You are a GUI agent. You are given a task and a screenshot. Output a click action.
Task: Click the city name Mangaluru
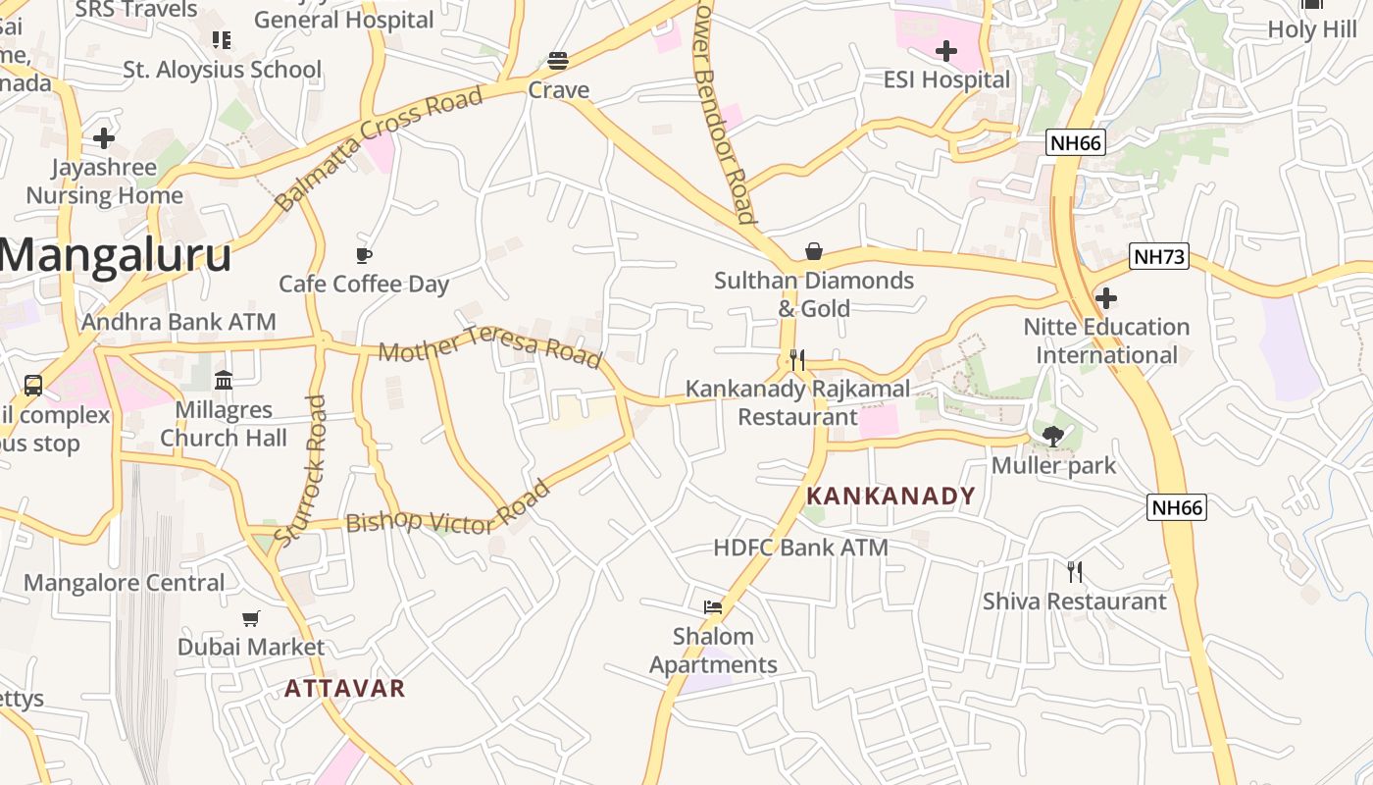(116, 255)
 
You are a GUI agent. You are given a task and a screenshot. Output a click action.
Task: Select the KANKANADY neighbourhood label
(890, 496)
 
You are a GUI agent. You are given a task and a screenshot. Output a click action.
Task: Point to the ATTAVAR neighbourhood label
(344, 688)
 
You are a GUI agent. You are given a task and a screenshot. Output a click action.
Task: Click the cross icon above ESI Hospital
(946, 51)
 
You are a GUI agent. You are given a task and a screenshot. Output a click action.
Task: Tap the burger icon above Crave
(558, 61)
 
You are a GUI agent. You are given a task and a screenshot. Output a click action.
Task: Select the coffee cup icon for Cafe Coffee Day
(364, 256)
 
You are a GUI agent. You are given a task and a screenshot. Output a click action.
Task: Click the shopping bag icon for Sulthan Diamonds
(813, 251)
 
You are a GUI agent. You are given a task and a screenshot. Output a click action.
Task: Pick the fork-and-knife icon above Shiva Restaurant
(1075, 571)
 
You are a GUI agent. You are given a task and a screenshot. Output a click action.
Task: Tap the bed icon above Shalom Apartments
(713, 607)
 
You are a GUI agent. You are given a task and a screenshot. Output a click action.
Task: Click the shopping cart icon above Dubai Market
(251, 618)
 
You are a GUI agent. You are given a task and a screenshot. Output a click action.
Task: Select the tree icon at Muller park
(1054, 436)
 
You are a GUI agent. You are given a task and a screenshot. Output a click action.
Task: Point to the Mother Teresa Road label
(490, 346)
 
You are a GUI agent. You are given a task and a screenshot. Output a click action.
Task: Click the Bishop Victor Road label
(447, 511)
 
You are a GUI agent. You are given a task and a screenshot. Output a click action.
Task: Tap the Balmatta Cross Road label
(380, 147)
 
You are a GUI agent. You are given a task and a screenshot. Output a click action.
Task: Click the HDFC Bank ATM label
(800, 548)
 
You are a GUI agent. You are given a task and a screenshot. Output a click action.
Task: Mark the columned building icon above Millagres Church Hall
(224, 380)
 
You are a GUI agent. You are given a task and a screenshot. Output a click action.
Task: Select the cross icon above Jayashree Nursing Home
(104, 138)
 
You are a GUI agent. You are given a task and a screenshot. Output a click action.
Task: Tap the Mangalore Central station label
(125, 583)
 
